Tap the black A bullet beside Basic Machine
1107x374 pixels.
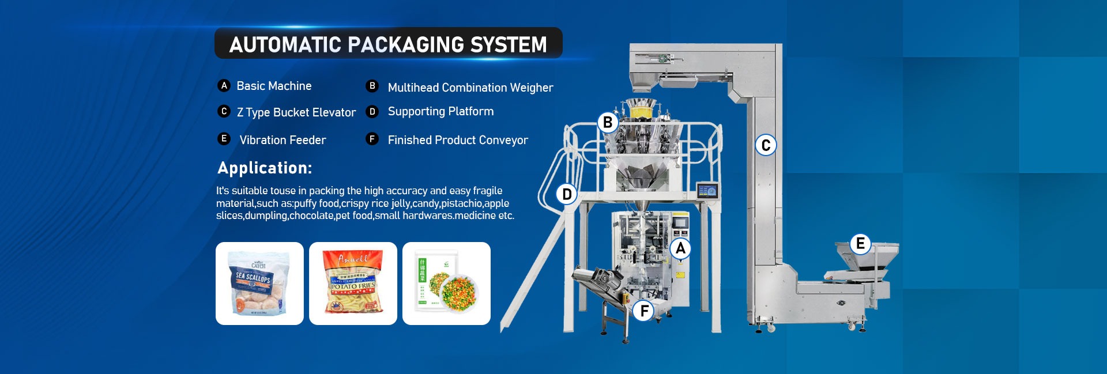pos(224,85)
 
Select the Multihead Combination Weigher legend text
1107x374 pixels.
pos(470,88)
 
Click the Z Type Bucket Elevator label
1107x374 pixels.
pos(296,112)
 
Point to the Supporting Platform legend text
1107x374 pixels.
pos(440,111)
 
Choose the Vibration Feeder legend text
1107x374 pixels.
pos(283,140)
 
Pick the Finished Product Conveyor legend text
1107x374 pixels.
pos(458,140)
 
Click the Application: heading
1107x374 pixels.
pos(265,168)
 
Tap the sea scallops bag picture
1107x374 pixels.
pos(259,284)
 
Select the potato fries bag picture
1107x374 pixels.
pos(353,284)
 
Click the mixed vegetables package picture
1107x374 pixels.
pos(446,284)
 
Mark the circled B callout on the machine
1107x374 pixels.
pos(608,123)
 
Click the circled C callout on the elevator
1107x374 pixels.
pos(766,145)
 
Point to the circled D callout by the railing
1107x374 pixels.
pos(567,194)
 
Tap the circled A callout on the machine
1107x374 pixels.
pos(680,248)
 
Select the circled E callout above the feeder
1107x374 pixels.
pos(860,244)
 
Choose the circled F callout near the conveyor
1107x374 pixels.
pos(644,311)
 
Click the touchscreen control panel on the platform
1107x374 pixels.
pos(706,191)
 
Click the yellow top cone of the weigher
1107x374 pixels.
pos(642,109)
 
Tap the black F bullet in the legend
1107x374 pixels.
pos(372,139)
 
